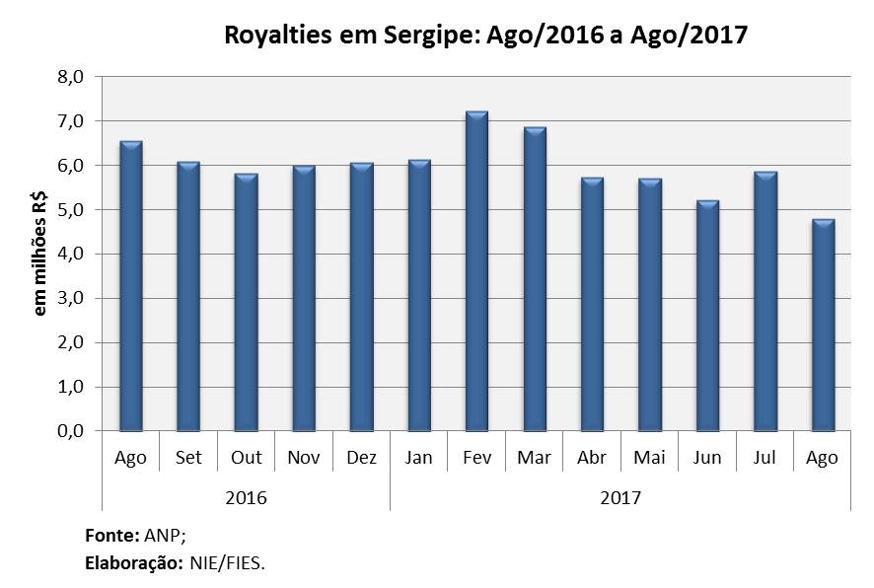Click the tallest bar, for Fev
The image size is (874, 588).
[x=476, y=271]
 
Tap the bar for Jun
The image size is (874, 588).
[x=707, y=316]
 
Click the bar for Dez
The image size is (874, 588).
[x=361, y=297]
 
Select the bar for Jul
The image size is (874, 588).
[x=765, y=302]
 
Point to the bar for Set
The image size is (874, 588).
[x=188, y=297]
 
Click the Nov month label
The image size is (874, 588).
[x=304, y=458]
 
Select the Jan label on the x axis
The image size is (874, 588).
[x=419, y=458]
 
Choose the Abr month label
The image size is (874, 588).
[x=592, y=458]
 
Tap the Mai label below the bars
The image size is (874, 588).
[x=649, y=458]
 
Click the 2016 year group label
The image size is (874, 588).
[x=246, y=497]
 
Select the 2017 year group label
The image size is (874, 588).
[x=620, y=497]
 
